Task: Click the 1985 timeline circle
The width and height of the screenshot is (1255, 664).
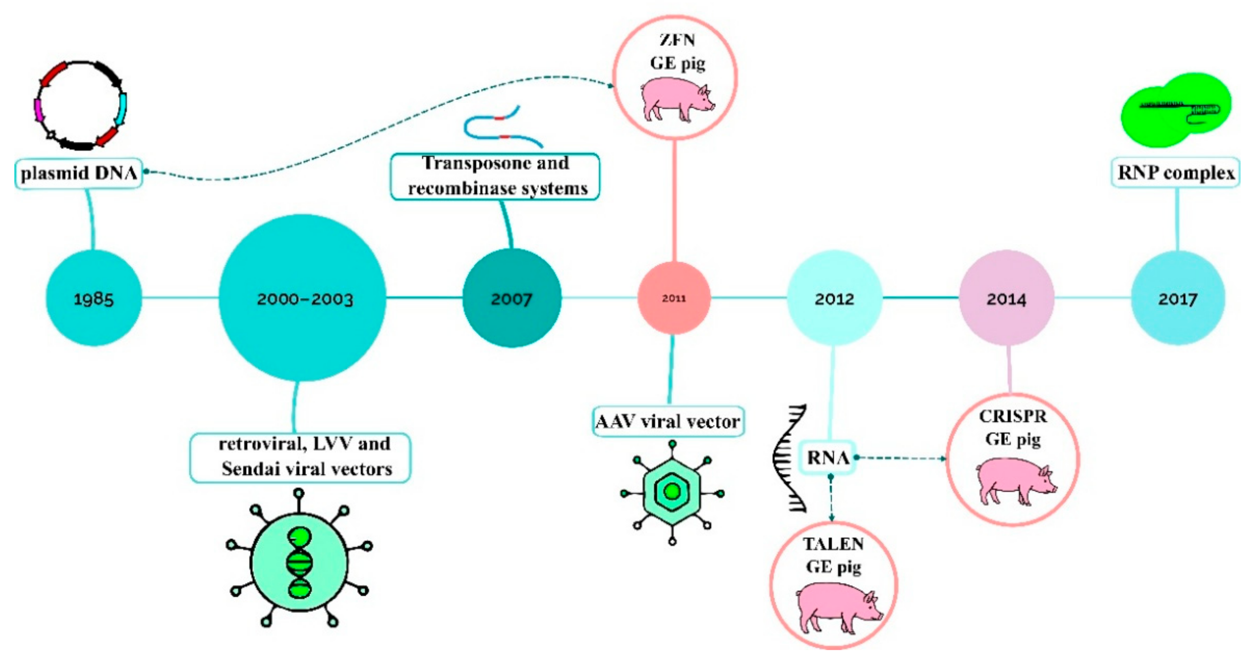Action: tap(94, 298)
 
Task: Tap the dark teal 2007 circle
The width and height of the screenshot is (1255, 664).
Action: tap(512, 298)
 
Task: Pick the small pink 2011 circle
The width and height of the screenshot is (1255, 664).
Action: tap(674, 298)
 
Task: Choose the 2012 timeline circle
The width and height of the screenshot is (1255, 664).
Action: tap(834, 298)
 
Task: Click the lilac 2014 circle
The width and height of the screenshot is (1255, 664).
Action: tap(1007, 298)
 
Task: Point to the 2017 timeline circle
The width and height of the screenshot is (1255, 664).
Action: tap(1178, 298)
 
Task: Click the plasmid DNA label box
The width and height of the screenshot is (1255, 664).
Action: tap(79, 173)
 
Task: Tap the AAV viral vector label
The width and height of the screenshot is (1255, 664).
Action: tap(668, 421)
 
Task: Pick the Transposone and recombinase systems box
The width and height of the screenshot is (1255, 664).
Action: tap(495, 176)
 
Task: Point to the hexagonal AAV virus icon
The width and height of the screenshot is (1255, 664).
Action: tap(672, 492)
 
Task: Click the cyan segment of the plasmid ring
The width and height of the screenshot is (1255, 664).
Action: tap(121, 109)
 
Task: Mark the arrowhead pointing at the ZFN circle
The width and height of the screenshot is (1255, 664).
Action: tap(610, 86)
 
